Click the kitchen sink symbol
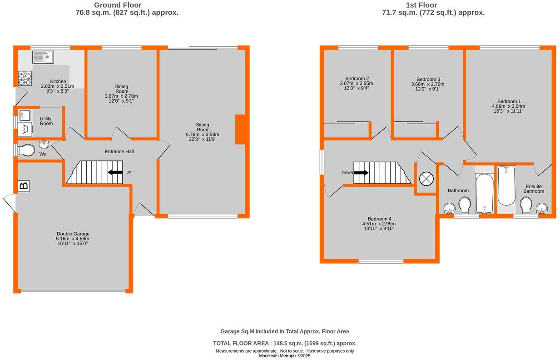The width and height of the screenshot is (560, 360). click(x=43, y=57)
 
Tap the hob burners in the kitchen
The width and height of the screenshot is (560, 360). click(x=25, y=79)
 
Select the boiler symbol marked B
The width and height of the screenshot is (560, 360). click(x=24, y=185)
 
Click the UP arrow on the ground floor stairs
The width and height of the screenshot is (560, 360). click(x=115, y=172)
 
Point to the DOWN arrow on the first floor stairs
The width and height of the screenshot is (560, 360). click(x=361, y=173)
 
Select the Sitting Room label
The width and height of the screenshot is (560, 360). click(x=203, y=127)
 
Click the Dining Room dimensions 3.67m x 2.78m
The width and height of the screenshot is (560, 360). click(x=121, y=96)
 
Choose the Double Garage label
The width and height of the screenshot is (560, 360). click(x=73, y=234)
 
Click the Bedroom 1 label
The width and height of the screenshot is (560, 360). click(x=509, y=101)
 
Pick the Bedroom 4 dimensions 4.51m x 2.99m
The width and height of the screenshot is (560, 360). click(x=379, y=224)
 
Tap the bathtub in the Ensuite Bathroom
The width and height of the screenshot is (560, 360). click(x=506, y=186)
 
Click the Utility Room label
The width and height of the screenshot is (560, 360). click(x=46, y=121)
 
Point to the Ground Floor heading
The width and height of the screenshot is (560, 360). click(x=127, y=5)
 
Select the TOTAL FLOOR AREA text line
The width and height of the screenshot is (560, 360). click(x=285, y=344)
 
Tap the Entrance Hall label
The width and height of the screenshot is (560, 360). click(x=119, y=151)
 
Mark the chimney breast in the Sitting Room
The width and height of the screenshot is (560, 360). click(x=240, y=130)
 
